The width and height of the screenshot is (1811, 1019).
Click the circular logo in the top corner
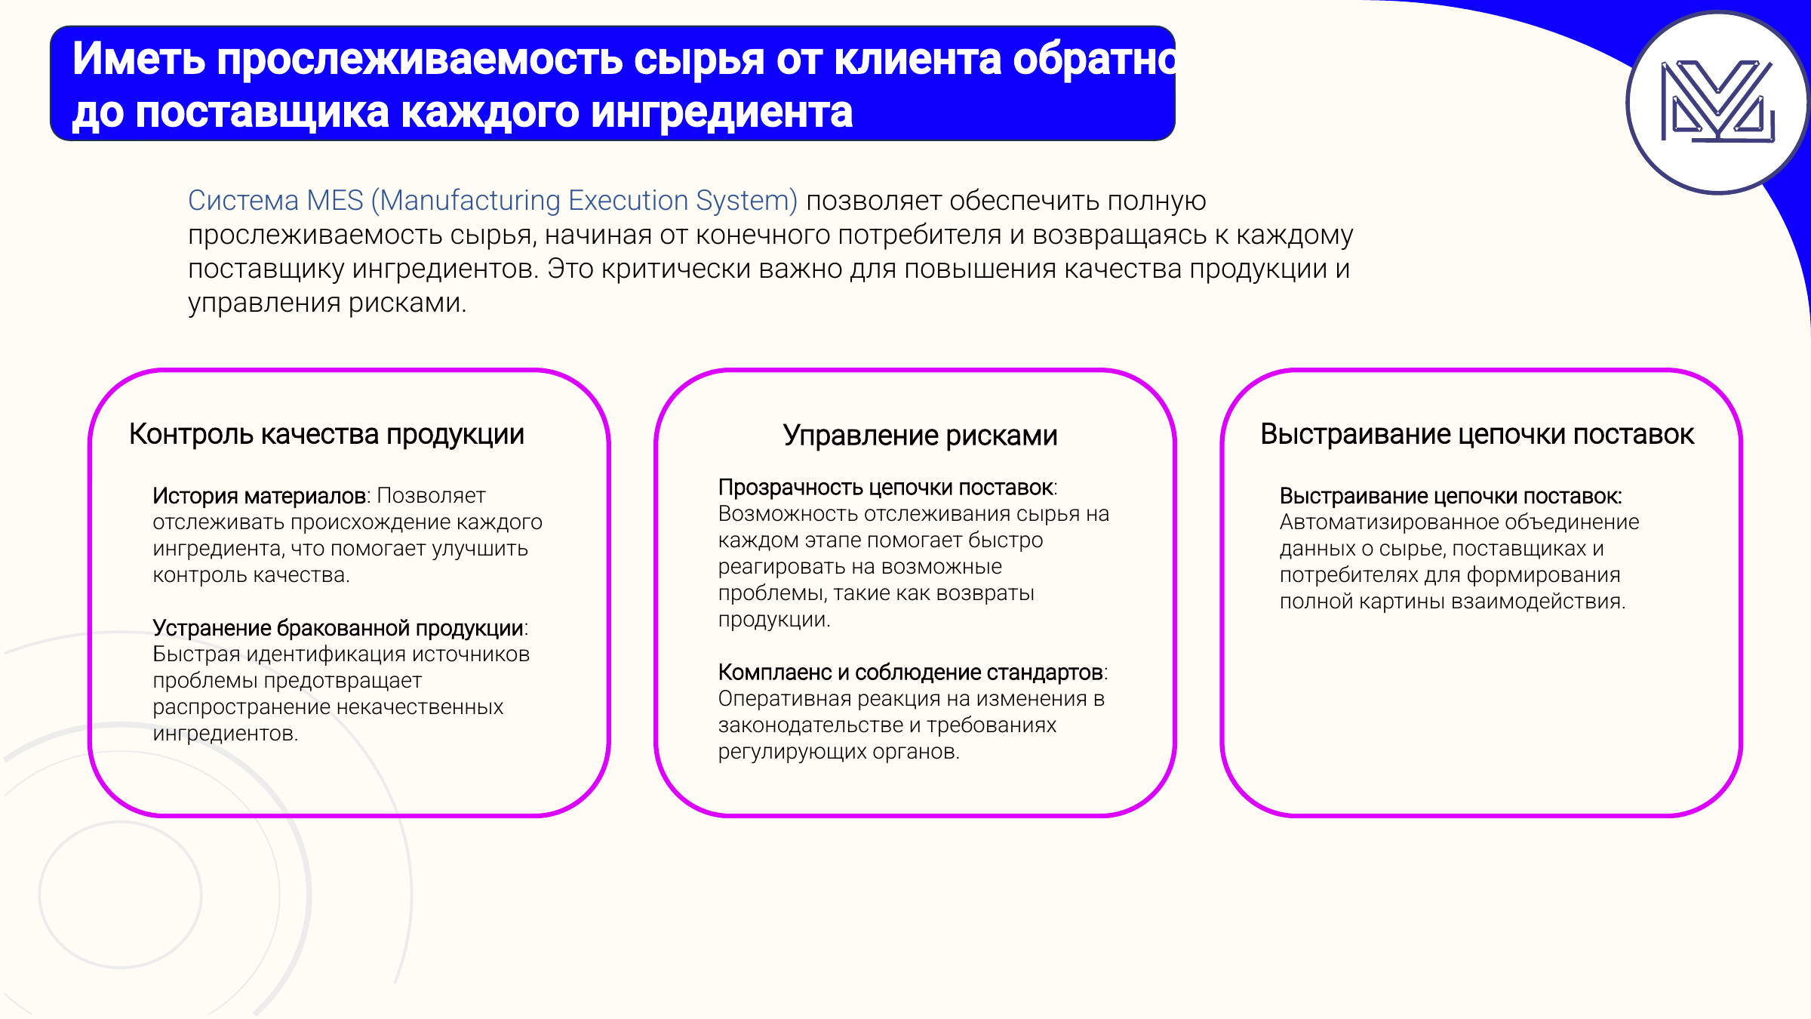tap(1718, 103)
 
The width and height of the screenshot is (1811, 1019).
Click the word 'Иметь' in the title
tap(139, 59)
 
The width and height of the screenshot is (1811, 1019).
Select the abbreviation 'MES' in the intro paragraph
tap(335, 201)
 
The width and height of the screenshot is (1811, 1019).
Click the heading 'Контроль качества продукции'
tap(327, 436)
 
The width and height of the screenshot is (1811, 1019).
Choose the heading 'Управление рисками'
tap(920, 436)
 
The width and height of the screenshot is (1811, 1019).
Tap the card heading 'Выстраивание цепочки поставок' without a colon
tap(1477, 435)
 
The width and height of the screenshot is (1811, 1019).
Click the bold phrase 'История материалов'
tap(260, 496)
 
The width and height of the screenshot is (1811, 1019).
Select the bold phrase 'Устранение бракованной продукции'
tap(338, 628)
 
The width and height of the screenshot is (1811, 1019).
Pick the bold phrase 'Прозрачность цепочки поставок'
tap(886, 488)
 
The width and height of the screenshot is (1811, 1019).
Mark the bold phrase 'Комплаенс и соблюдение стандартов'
tap(911, 673)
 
